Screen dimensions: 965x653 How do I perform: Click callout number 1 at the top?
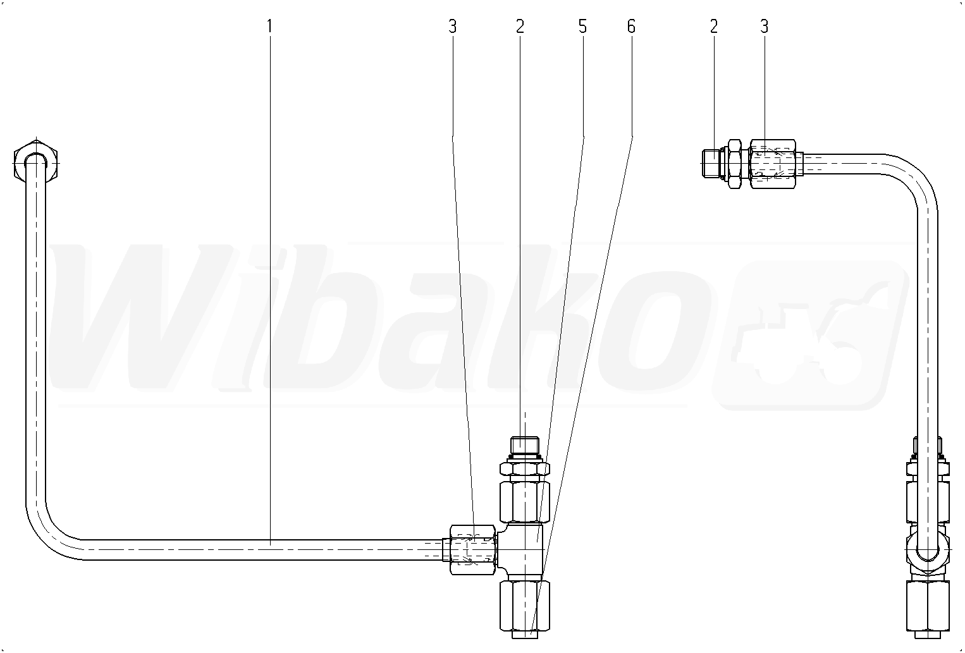[x=269, y=27]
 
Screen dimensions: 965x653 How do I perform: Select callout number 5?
[x=582, y=27]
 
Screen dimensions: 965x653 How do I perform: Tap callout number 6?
[x=631, y=27]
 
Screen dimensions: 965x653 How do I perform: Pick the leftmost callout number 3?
[x=452, y=27]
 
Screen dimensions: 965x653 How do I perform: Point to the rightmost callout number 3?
[x=765, y=27]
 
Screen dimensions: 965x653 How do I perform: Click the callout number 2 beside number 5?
[x=520, y=27]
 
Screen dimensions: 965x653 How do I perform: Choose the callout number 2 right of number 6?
[x=714, y=27]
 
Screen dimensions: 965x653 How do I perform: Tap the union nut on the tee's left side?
[x=472, y=549]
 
